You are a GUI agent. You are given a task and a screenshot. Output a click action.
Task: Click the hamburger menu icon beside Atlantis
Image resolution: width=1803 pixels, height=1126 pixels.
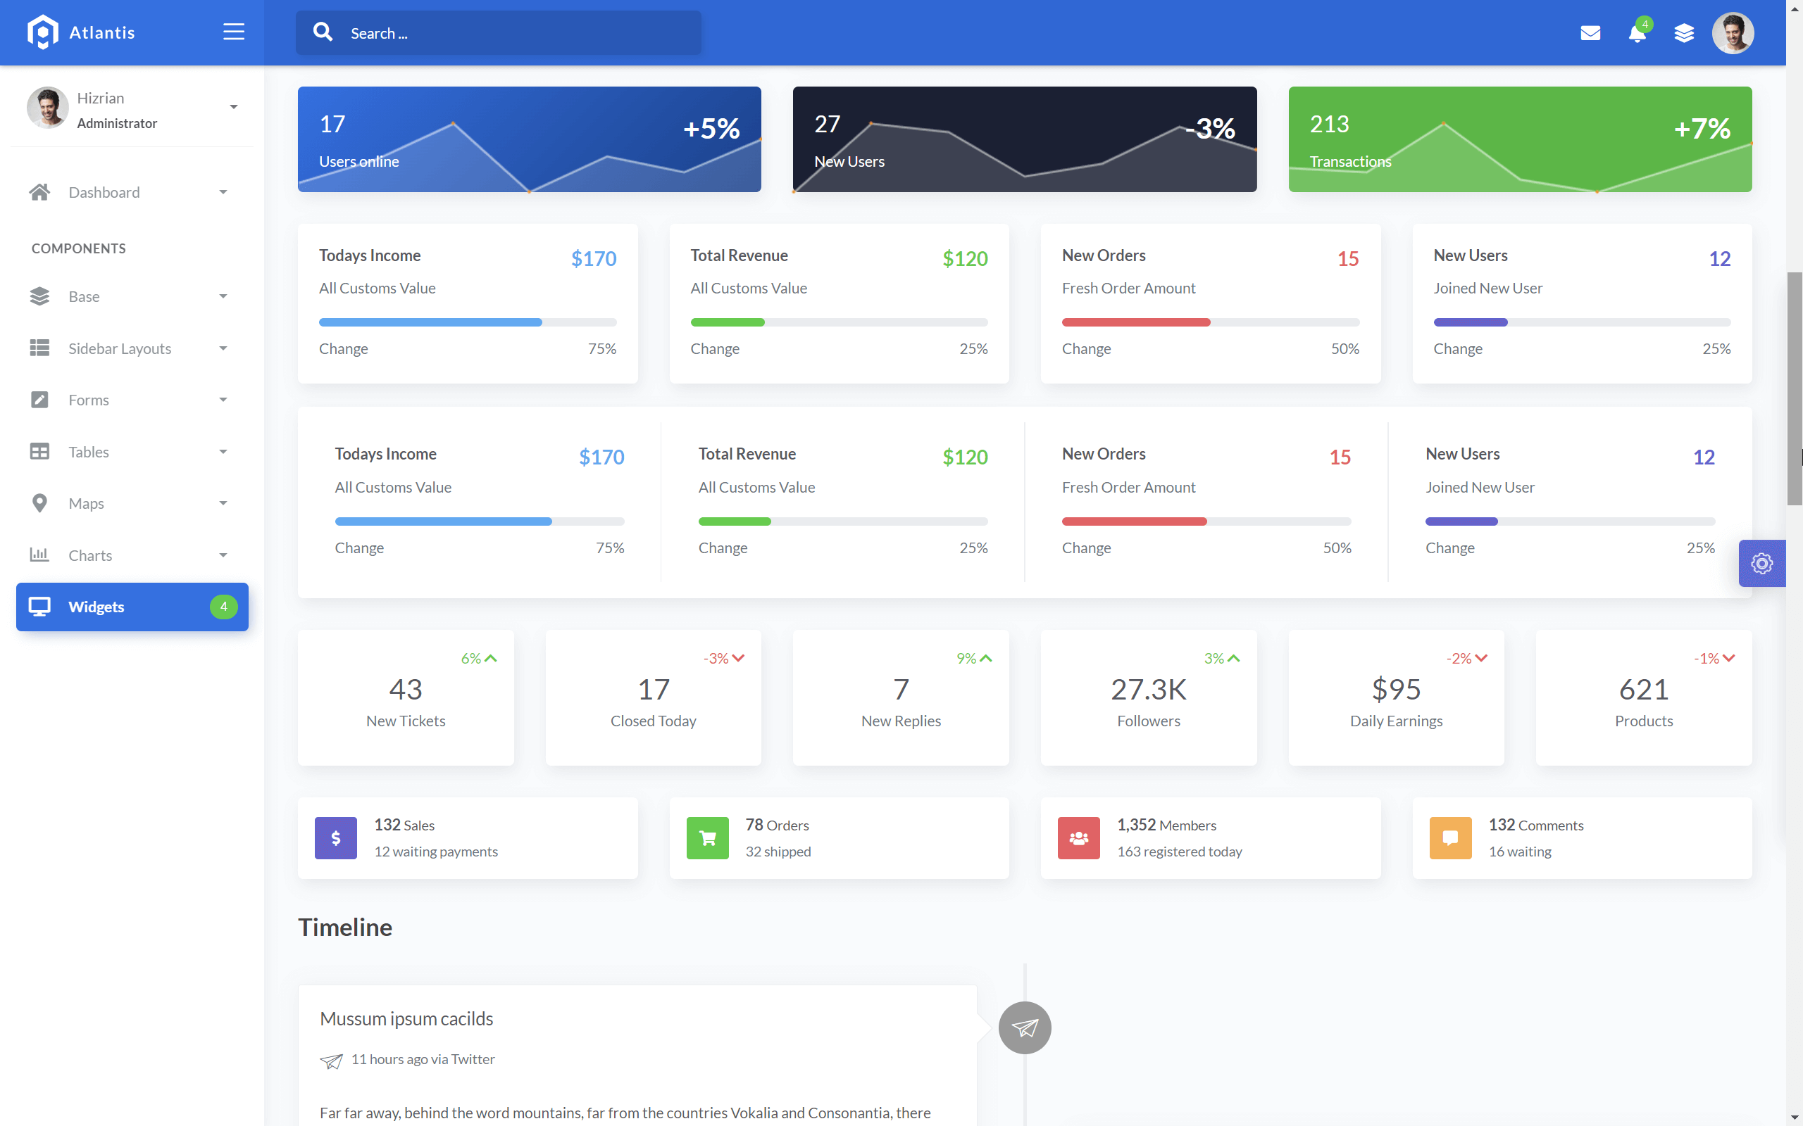click(x=233, y=32)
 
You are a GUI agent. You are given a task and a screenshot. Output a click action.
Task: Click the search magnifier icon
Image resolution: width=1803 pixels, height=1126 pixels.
click(x=323, y=32)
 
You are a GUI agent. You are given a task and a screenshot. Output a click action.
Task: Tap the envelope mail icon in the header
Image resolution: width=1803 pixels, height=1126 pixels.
click(x=1590, y=33)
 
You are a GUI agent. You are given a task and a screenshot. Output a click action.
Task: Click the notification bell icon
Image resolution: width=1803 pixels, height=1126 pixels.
click(x=1637, y=34)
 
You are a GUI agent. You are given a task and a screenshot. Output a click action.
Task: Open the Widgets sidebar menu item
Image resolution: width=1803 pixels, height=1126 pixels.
click(x=132, y=607)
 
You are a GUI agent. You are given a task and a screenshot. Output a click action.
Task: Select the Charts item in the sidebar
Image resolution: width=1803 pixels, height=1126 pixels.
click(x=90, y=555)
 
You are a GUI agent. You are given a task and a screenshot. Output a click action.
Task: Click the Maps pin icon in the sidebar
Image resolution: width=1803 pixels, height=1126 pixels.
click(x=39, y=503)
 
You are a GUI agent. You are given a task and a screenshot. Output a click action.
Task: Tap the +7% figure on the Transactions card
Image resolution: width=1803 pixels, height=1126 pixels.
click(x=1702, y=129)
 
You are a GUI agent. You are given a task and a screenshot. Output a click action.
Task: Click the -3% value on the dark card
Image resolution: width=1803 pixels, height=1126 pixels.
click(x=1211, y=129)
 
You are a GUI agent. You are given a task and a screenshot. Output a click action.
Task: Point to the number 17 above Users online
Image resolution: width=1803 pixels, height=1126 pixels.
click(x=332, y=124)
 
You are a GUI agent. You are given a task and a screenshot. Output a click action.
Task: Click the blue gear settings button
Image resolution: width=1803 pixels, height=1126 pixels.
click(x=1761, y=564)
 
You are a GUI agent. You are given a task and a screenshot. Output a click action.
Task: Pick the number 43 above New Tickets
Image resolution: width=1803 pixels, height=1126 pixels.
click(x=405, y=690)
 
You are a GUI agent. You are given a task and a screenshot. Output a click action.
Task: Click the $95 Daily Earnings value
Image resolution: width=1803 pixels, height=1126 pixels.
click(x=1396, y=690)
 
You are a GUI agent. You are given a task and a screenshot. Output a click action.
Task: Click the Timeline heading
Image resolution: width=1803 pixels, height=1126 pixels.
click(x=345, y=927)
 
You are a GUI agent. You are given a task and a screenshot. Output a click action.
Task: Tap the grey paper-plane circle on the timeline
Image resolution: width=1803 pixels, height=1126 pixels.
click(x=1025, y=1027)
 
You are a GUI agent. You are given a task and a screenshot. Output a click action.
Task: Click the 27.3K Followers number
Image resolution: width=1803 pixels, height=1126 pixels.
click(x=1148, y=690)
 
